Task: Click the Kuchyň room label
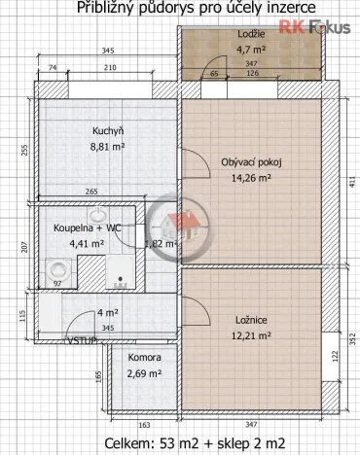point(107,131)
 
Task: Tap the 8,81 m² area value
point(107,148)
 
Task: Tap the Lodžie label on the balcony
point(250,35)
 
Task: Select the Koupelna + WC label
point(86,227)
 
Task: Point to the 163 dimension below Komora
point(144,425)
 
